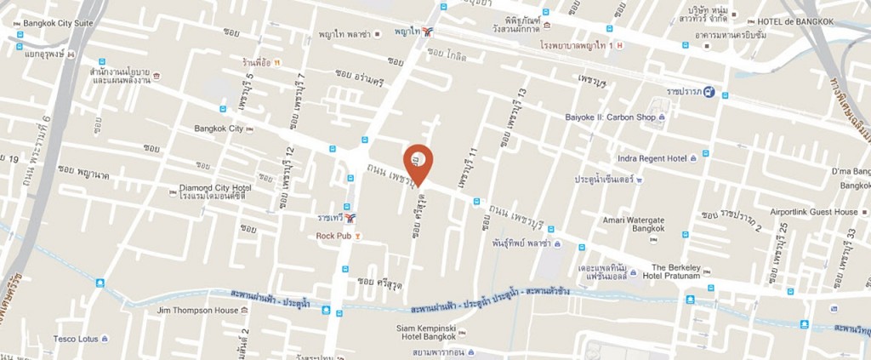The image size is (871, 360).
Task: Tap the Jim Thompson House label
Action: pyautogui.click(x=198, y=311)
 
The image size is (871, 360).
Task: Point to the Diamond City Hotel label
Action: pyautogui.click(x=214, y=187)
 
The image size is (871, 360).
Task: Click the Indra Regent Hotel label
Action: pyautogui.click(x=652, y=157)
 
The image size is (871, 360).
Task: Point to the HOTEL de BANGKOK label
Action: pyautogui.click(x=799, y=21)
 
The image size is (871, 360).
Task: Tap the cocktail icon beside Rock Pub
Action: pyautogui.click(x=360, y=235)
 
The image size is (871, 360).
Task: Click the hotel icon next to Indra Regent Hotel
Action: pyautogui.click(x=694, y=157)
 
